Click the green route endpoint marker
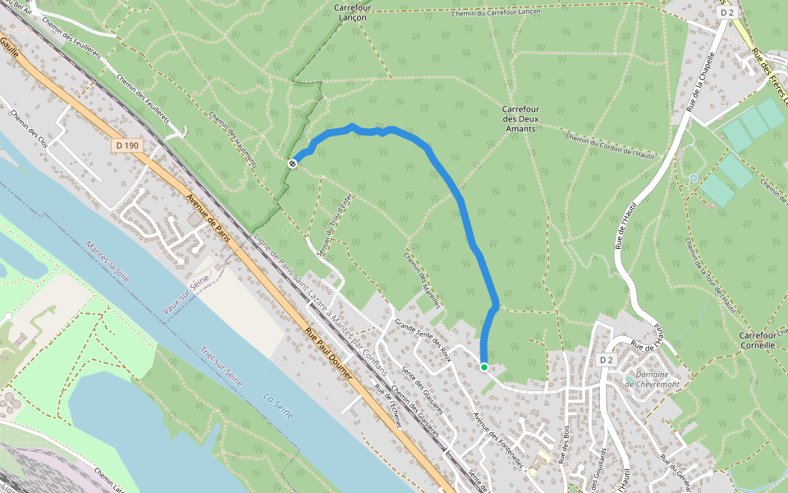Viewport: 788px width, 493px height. [x=484, y=367]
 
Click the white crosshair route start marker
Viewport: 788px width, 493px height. [x=292, y=164]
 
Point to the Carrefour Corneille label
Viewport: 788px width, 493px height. [x=757, y=341]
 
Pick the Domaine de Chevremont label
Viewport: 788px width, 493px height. [x=653, y=379]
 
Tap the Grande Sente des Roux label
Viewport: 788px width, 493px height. [x=424, y=334]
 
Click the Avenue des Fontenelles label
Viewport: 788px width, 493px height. [x=498, y=440]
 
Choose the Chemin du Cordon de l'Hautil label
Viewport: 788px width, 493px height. [x=609, y=147]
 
